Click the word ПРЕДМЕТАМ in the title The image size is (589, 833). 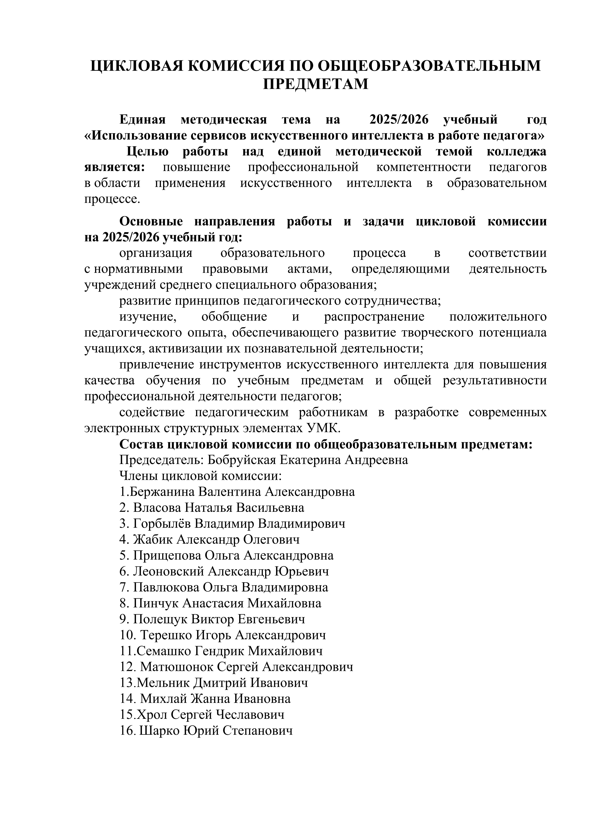click(315, 84)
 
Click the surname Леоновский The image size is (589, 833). click(169, 571)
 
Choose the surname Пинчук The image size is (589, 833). click(156, 603)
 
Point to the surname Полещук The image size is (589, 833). click(160, 619)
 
